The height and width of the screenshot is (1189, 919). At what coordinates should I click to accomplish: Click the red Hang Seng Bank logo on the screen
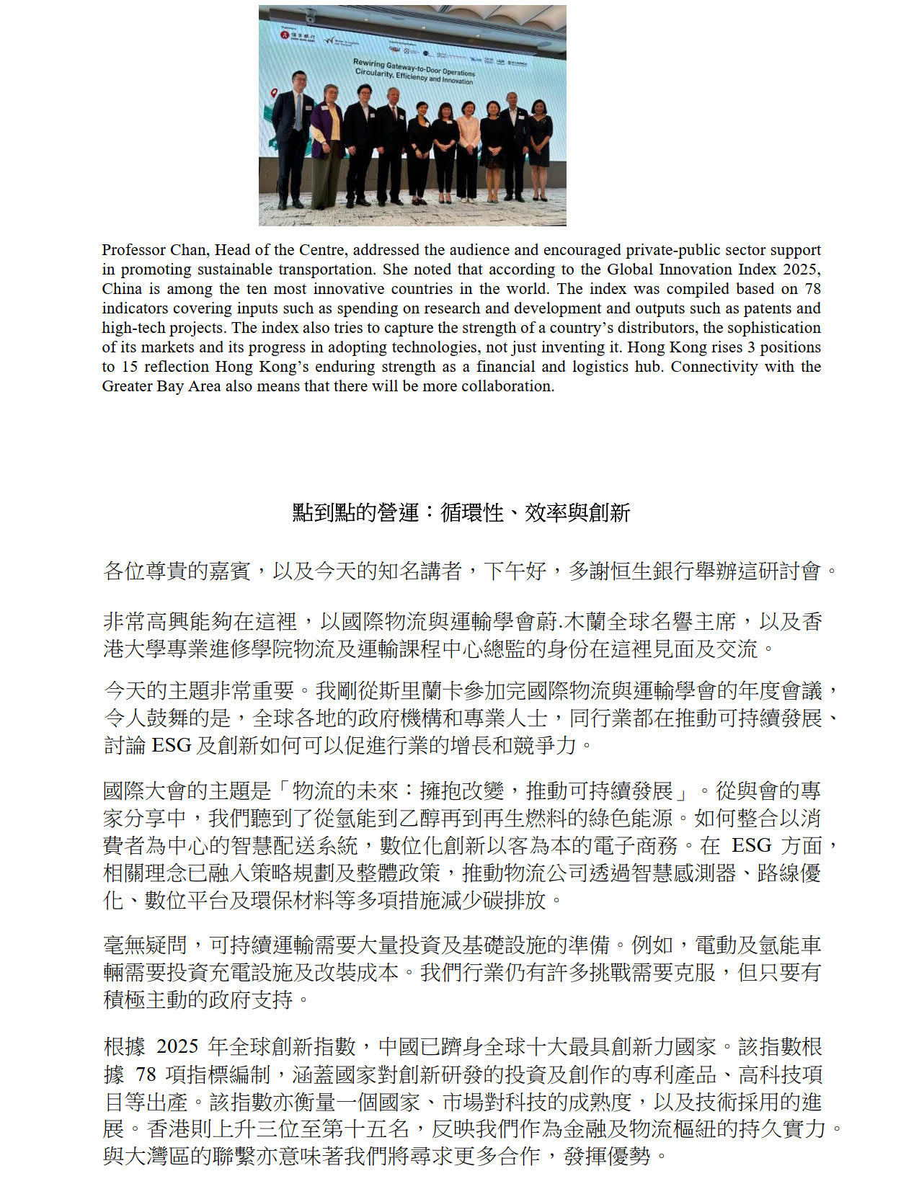click(285, 35)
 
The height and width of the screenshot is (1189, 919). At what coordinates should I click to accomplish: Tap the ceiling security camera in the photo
click(311, 16)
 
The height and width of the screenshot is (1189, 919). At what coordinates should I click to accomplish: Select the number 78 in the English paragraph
click(812, 289)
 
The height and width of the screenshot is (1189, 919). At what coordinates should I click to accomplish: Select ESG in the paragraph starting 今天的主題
click(171, 745)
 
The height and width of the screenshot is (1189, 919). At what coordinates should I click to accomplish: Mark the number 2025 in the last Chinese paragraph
click(177, 1046)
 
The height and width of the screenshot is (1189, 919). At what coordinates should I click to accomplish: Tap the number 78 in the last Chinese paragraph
click(146, 1074)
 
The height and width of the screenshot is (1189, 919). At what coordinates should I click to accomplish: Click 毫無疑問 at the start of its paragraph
click(146, 945)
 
